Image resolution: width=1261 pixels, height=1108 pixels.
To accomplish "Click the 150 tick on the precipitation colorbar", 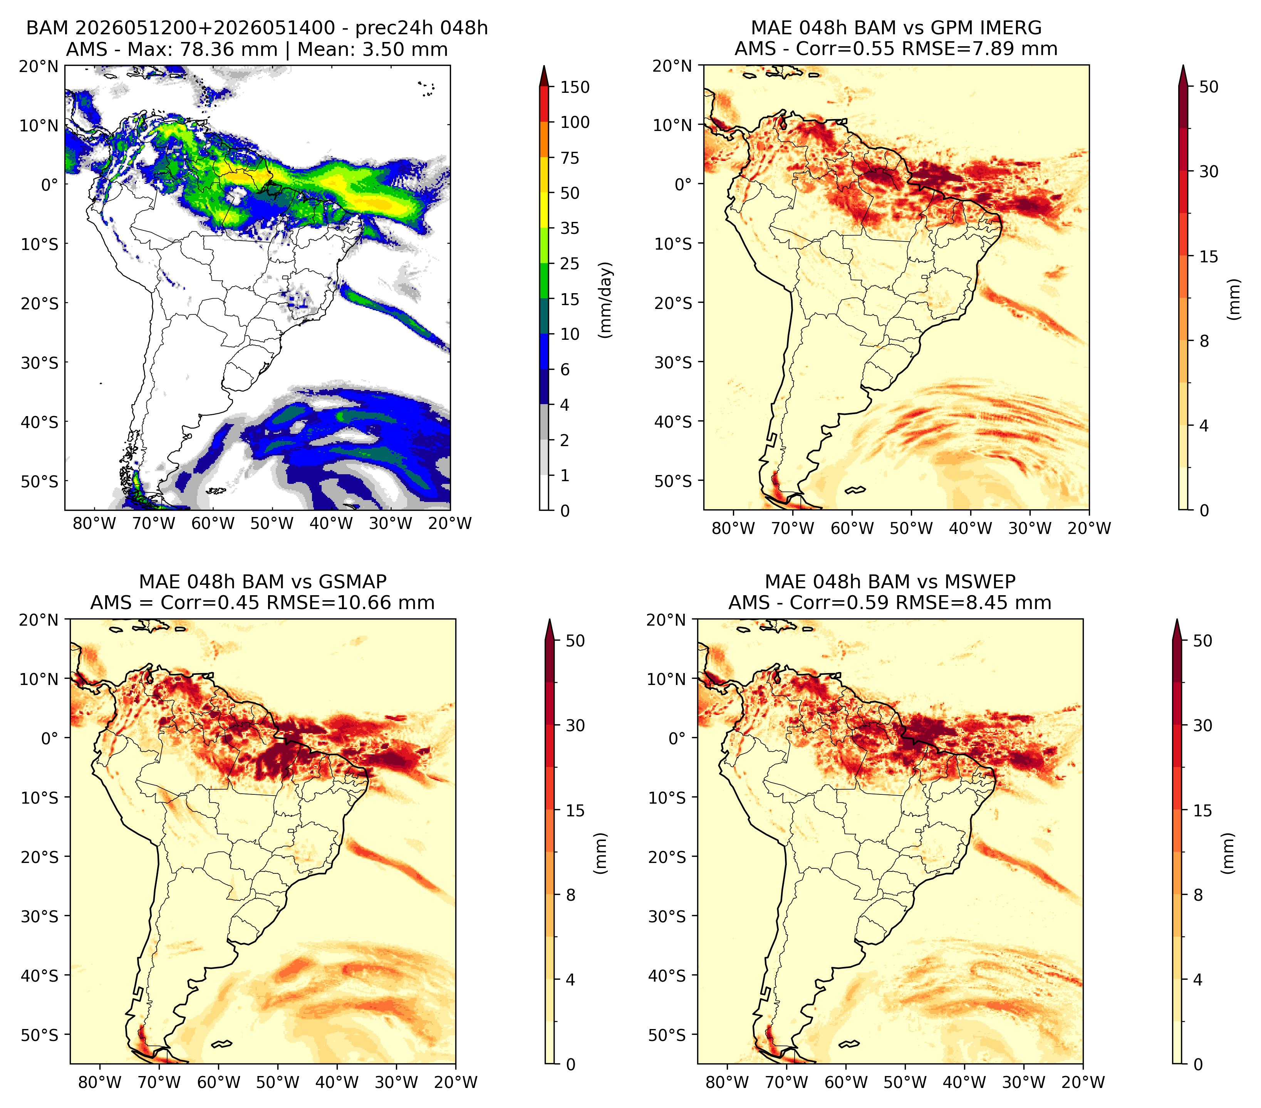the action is click(574, 87).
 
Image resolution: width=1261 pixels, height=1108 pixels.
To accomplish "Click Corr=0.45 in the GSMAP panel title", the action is click(210, 603).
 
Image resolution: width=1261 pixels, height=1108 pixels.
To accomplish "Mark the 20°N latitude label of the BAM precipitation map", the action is click(39, 66).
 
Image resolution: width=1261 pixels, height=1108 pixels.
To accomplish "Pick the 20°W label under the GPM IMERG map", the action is click(1089, 528).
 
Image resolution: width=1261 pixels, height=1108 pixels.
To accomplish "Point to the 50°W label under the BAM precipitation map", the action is click(272, 523).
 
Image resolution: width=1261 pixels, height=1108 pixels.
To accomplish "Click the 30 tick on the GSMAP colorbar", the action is click(575, 725).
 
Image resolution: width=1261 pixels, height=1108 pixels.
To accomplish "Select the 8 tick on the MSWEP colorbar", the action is click(1198, 895).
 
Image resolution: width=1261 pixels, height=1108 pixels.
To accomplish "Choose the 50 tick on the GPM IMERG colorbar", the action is click(1209, 87).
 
